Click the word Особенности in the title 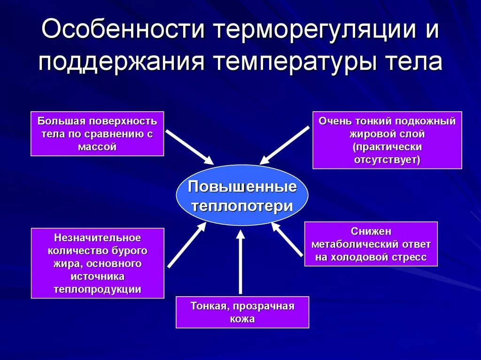pos(123,30)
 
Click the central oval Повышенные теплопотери pos(242,196)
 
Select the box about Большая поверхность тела pos(97,134)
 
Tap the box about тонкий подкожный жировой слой pos(387,140)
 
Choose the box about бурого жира pos(97,263)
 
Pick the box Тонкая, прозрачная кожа pos(242,312)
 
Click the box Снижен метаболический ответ pos(371,244)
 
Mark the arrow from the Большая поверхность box pos(190,147)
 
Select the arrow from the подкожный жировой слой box pos(285,145)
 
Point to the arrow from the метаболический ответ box pos(287,240)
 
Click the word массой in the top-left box pos(97,146)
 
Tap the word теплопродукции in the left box pos(97,289)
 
